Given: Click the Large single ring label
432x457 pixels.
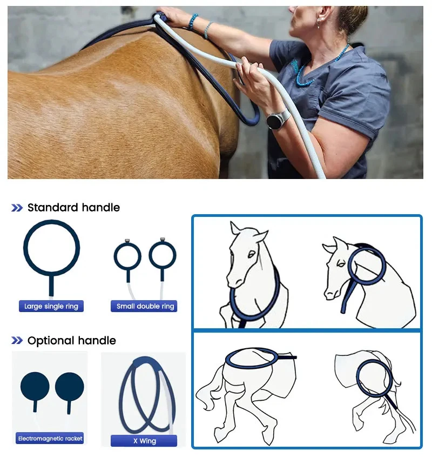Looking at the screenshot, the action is click(51, 306).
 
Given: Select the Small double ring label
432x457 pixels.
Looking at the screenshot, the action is click(144, 306).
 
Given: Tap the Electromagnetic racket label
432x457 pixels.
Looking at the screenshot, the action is click(50, 438).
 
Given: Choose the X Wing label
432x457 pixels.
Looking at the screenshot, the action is click(144, 441).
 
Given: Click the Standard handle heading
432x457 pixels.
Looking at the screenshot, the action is click(73, 208).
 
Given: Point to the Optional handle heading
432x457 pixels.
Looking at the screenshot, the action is click(72, 340).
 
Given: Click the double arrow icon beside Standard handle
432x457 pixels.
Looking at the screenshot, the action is click(17, 208).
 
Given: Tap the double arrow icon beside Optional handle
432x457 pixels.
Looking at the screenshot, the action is click(17, 340).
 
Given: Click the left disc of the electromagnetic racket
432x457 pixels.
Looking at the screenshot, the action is click(35, 387).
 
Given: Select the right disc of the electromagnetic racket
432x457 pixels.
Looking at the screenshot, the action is click(70, 387).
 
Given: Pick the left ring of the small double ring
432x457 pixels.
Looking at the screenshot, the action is click(114, 256).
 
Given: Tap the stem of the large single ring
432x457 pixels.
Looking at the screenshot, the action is click(51, 285).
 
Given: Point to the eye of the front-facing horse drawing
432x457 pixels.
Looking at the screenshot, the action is click(251, 254).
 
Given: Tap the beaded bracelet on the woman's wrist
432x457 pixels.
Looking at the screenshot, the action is click(192, 22).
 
